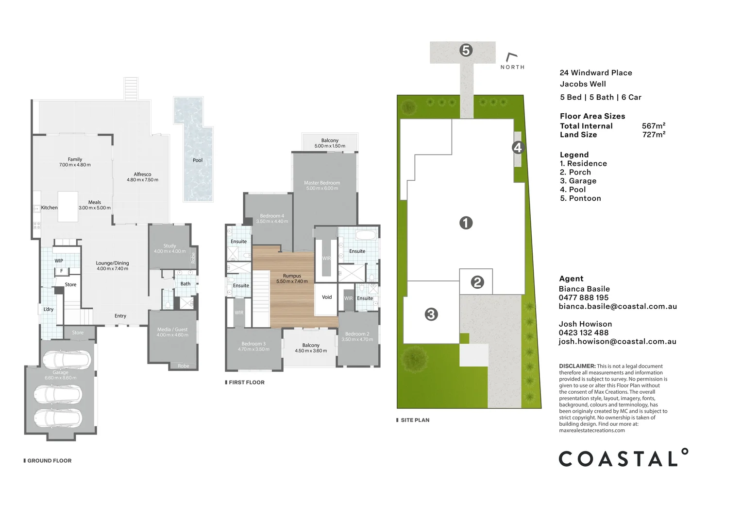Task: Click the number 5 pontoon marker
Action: coord(466,50)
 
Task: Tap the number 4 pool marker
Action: coord(518,147)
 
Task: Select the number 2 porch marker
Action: coord(477,282)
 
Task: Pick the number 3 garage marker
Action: coord(431,315)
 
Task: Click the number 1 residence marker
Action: coord(466,223)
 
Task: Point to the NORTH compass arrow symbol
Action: coord(511,57)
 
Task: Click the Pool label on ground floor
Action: coord(198,160)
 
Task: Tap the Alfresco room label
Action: coord(142,174)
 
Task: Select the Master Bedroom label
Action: coord(322,183)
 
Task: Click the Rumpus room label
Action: coord(292,276)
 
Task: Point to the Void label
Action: coord(327,297)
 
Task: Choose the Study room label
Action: coord(169,246)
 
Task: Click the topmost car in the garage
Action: coord(67,360)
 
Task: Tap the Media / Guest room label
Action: coord(172,330)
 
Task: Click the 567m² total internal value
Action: coord(653,126)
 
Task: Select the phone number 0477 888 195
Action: coord(583,297)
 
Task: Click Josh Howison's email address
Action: coord(617,341)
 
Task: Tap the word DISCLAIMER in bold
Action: coord(577,366)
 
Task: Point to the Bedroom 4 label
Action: coord(272,216)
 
